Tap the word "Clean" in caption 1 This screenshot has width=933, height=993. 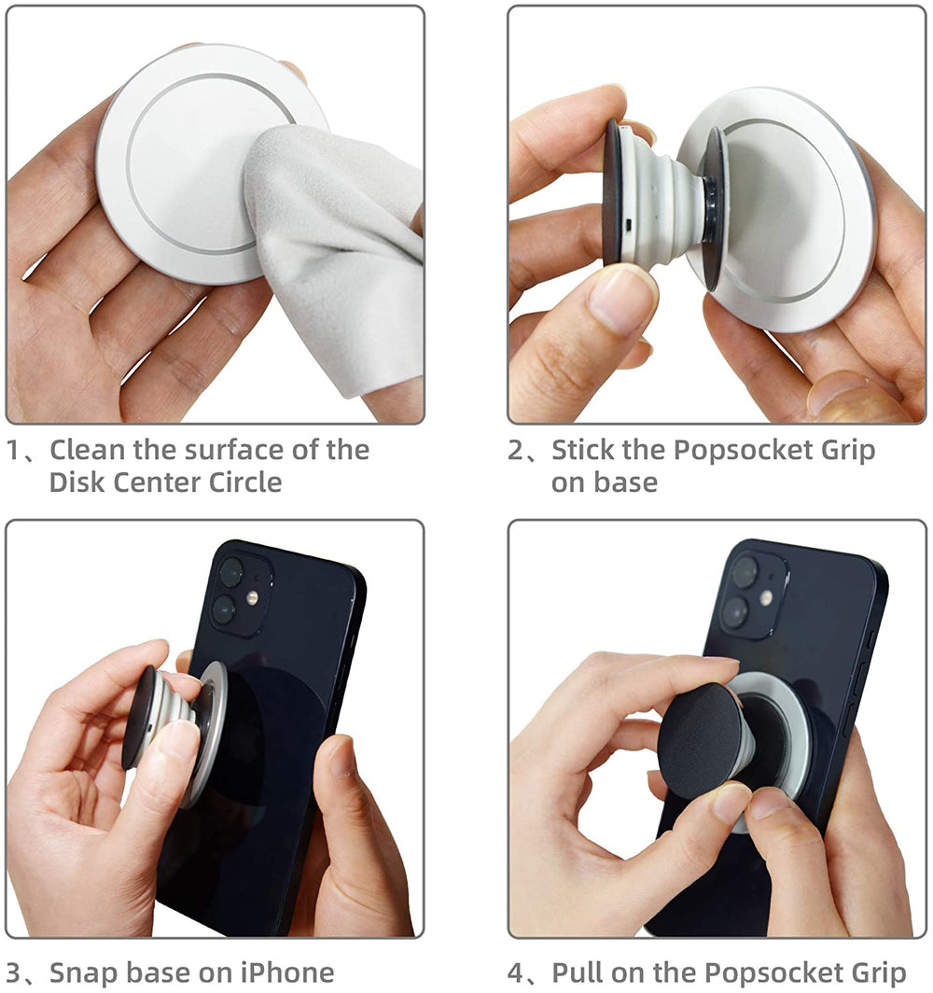point(88,450)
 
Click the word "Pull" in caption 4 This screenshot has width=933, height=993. point(577,972)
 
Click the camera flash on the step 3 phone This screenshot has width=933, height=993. point(252,596)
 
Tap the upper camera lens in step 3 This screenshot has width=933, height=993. point(230,572)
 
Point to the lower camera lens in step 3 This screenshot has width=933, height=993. point(224,610)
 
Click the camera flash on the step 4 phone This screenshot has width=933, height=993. point(766,598)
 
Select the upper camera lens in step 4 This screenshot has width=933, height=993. point(744,572)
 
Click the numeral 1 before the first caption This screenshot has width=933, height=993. point(13,450)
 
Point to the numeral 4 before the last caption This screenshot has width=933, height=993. point(515,973)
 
